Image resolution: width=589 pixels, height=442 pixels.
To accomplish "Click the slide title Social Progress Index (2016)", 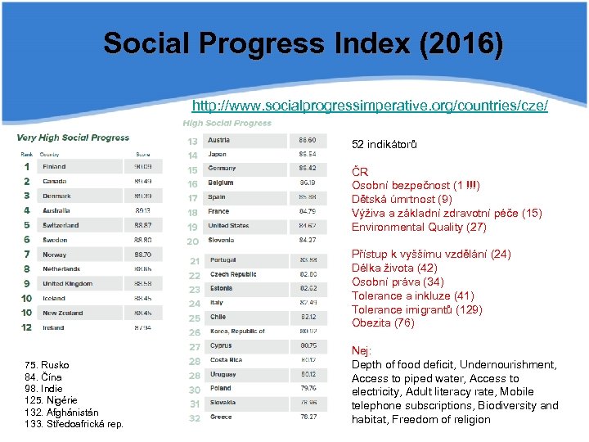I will point(303,43).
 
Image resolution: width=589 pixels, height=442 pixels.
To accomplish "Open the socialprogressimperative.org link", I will point(369,106).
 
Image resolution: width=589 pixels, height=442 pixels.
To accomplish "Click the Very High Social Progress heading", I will point(73,138).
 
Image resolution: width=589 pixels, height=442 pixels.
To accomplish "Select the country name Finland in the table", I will point(54,166).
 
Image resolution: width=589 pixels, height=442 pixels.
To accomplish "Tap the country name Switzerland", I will point(61,225).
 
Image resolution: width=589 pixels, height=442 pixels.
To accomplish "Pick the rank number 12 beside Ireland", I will point(27,327).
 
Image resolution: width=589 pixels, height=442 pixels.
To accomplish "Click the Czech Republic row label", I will point(232,274).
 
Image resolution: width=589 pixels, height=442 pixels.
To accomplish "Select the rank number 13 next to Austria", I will point(193,141).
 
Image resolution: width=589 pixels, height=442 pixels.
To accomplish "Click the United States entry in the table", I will point(228,226).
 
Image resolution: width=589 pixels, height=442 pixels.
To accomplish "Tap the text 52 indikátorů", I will point(384,145).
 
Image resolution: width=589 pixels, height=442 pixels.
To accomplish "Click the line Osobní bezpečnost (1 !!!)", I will point(416,186).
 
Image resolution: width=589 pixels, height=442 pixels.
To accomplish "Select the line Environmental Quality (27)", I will point(418,227).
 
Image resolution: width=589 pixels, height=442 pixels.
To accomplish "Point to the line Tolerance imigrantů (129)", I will point(416,309).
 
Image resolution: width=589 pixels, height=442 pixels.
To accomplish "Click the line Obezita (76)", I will point(383,322).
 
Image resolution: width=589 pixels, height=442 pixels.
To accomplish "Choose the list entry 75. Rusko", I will point(47,365).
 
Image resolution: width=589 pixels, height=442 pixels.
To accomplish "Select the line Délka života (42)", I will point(394,268).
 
